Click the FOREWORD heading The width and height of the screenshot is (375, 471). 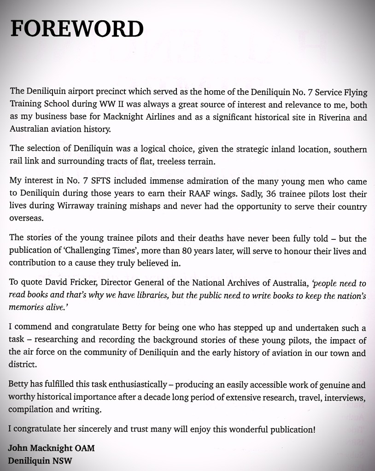(x=76, y=29)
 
